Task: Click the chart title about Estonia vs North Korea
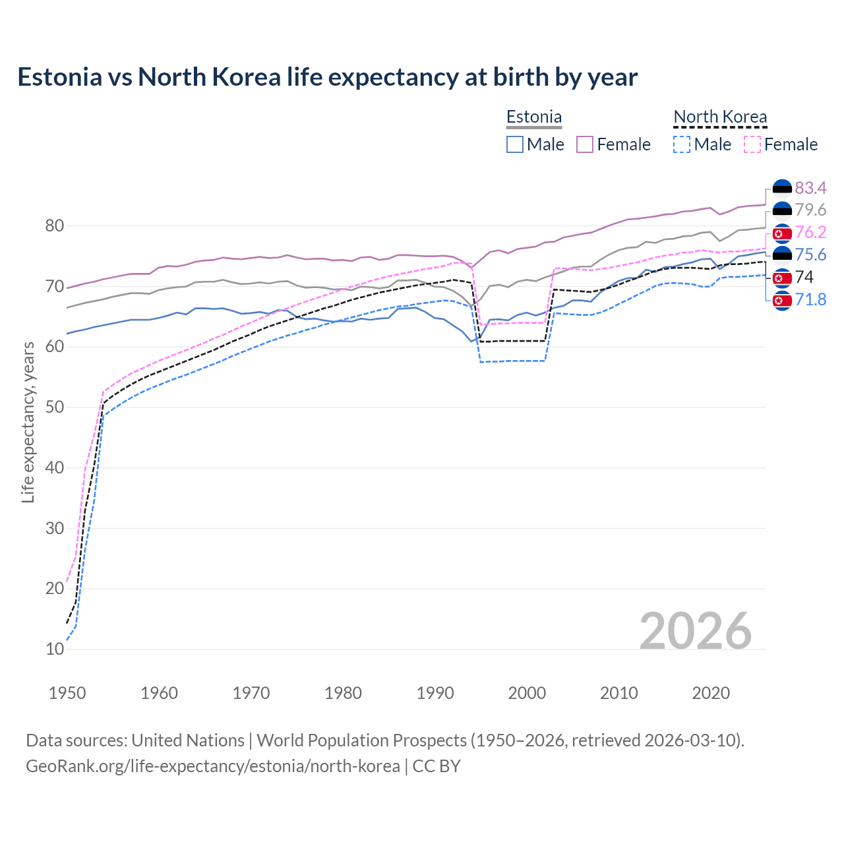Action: [x=327, y=77]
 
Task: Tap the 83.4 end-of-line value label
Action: [x=810, y=188]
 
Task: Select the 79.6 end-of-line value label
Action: [x=810, y=210]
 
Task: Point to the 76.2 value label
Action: [x=810, y=232]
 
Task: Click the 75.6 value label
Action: [x=810, y=255]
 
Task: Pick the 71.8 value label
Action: [x=810, y=299]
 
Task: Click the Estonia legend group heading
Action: [x=533, y=117]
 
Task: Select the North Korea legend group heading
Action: [x=720, y=117]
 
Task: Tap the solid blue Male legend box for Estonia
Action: [x=515, y=144]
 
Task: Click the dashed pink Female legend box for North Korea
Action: [x=752, y=144]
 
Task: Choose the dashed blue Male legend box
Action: [x=682, y=144]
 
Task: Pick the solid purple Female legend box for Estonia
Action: [x=585, y=144]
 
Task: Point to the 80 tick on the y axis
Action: [x=55, y=226]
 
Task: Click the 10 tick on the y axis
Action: [x=55, y=649]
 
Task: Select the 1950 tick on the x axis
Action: [x=67, y=693]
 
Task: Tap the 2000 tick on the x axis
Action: [x=527, y=693]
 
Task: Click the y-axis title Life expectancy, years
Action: [x=28, y=422]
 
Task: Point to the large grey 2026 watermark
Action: [x=695, y=631]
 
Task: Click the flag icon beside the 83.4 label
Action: [x=782, y=189]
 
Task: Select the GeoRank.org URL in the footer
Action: [x=212, y=766]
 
